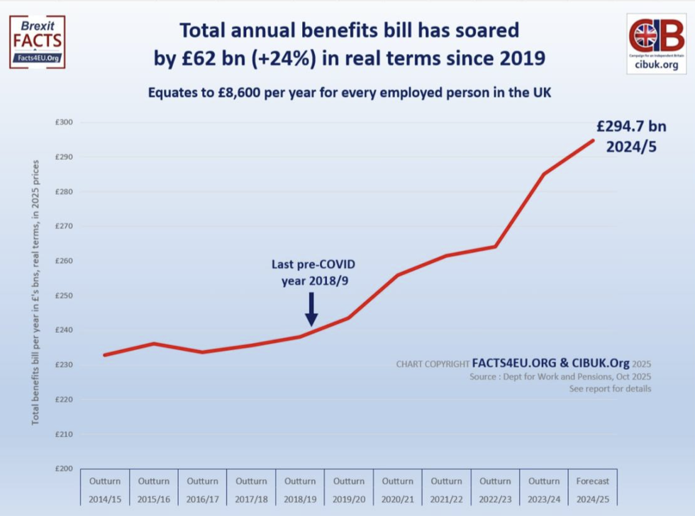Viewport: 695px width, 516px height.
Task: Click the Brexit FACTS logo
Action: (37, 42)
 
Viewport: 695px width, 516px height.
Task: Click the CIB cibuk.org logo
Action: (656, 43)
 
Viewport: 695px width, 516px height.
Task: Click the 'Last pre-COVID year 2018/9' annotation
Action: (313, 272)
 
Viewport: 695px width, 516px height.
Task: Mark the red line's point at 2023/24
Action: (544, 174)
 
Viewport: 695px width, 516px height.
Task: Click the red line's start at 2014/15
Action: (105, 355)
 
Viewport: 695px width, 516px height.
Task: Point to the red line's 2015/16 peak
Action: (154, 344)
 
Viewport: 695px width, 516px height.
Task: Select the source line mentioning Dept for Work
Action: (560, 377)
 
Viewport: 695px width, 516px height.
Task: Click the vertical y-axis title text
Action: (35, 292)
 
